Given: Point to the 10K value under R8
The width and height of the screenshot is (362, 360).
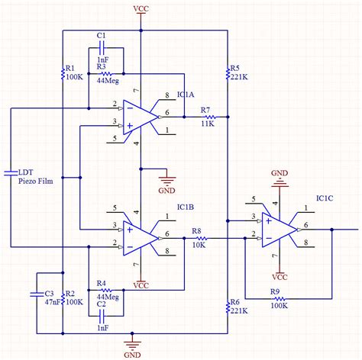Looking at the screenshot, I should click(x=196, y=246).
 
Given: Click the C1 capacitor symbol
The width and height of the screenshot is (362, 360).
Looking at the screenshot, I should click(x=101, y=48).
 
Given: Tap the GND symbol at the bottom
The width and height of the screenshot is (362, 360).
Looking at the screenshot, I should click(x=134, y=353).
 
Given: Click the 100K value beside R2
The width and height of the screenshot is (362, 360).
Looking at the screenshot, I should click(x=75, y=302).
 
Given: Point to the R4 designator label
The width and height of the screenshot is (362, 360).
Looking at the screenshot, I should click(x=101, y=282).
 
